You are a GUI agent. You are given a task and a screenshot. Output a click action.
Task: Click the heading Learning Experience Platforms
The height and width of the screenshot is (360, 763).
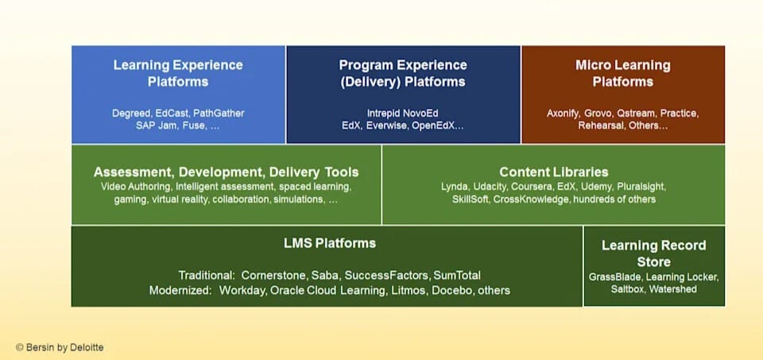point(178,73)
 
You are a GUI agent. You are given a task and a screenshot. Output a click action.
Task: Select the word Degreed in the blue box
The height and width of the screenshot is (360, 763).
point(130,113)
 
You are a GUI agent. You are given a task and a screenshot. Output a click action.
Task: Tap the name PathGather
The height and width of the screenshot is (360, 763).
point(219,113)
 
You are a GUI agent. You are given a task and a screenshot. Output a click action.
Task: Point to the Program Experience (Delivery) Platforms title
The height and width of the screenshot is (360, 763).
point(402,73)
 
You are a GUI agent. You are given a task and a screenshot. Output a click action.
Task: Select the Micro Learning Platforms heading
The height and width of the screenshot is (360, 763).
point(622,73)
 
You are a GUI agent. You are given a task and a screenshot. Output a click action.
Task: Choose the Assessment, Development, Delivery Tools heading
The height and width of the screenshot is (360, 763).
point(226,172)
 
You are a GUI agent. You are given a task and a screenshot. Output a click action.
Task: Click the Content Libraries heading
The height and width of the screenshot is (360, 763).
point(553,172)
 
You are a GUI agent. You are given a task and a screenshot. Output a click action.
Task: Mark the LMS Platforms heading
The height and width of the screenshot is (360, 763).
point(329,242)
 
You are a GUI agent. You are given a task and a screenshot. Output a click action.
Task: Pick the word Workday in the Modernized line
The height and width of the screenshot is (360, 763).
point(242,290)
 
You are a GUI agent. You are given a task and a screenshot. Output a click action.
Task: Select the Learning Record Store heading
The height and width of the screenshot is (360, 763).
point(653,254)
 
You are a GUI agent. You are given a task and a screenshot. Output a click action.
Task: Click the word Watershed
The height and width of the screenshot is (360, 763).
point(672,289)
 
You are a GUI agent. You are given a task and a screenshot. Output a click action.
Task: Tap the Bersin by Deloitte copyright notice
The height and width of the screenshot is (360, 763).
point(60,347)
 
